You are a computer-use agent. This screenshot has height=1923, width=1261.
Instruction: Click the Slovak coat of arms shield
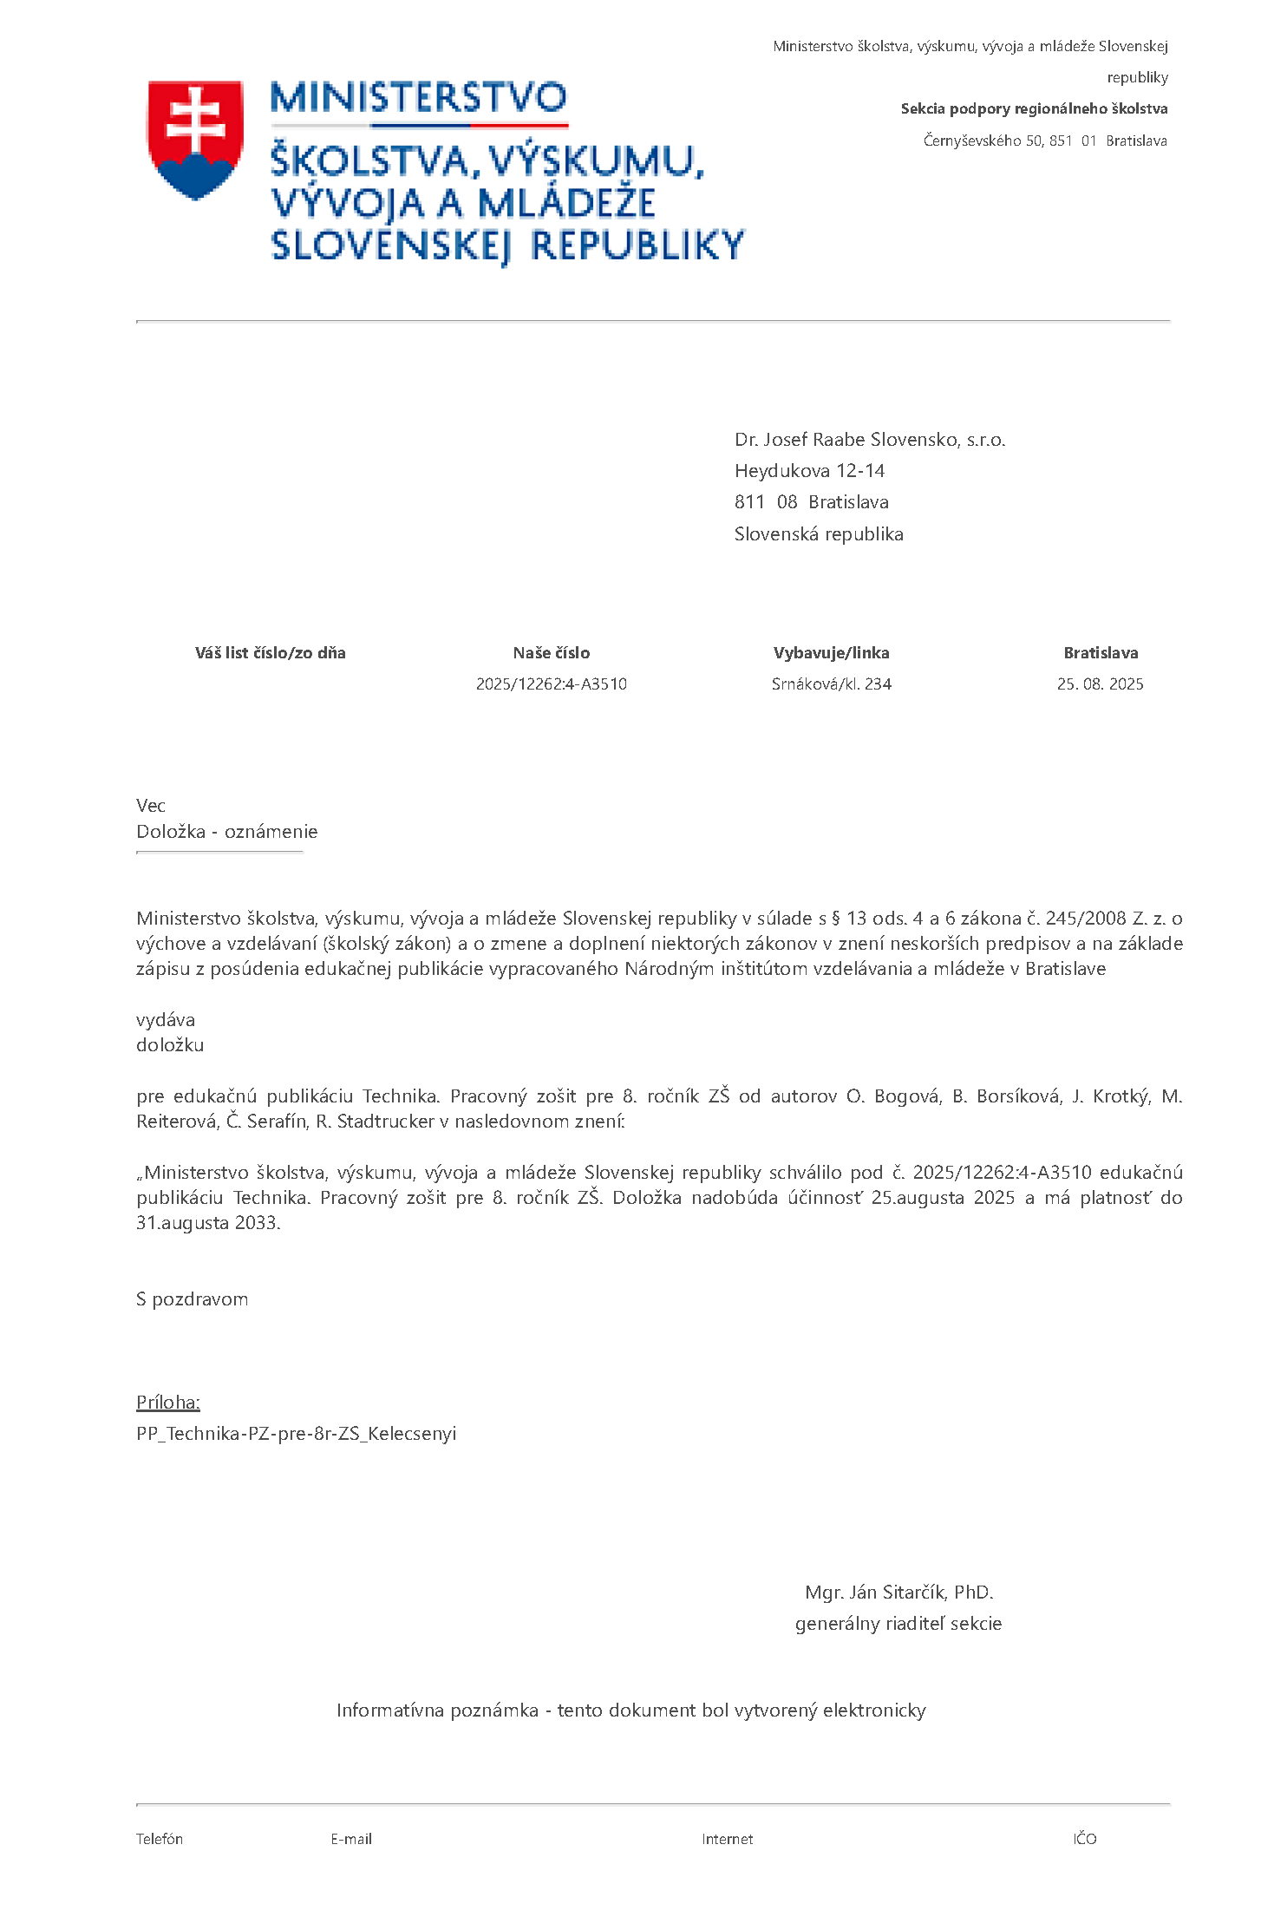tap(195, 139)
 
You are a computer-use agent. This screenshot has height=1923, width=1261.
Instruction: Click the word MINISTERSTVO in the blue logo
tap(418, 98)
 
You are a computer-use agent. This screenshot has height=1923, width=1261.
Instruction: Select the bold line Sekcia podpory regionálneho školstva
tap(1034, 108)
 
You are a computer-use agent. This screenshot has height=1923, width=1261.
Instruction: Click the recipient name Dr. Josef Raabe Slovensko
tap(869, 440)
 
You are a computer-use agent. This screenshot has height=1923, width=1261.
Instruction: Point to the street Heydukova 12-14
tap(809, 471)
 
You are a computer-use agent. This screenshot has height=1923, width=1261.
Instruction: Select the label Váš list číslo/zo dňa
tap(270, 653)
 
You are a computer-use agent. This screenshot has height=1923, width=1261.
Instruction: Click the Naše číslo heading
tap(551, 653)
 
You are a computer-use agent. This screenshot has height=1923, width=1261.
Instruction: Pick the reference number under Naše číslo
tap(551, 684)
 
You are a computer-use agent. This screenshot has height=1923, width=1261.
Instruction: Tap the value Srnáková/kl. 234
tap(831, 684)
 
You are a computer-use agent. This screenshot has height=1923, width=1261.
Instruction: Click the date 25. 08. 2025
tap(1100, 684)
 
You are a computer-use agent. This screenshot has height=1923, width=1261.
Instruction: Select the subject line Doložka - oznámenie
tap(226, 832)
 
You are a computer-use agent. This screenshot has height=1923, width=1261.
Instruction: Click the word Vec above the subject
tap(151, 806)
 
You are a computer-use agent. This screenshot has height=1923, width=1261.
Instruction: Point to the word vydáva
tap(166, 1020)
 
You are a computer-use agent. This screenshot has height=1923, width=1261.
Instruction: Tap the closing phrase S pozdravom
tap(192, 1299)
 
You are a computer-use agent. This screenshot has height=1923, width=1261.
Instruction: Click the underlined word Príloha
tap(168, 1403)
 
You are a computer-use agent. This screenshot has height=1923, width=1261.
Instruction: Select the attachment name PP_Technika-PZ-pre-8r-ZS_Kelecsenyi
tap(296, 1434)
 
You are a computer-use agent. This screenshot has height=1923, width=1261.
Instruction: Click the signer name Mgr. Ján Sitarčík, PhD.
tap(898, 1593)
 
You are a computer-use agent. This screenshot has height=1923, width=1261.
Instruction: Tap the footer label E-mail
tap(351, 1839)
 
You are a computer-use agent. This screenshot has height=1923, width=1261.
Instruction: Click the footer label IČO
tap(1084, 1839)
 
